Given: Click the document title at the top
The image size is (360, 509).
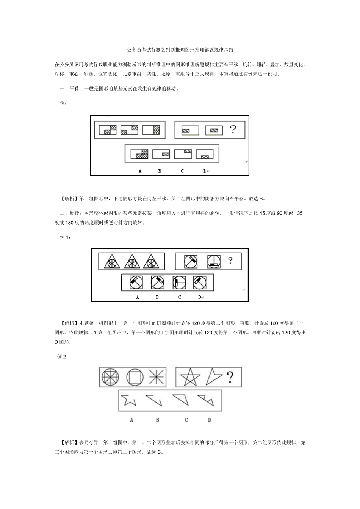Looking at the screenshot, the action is click(180, 50).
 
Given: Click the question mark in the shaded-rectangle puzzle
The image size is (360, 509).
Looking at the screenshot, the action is click(233, 130).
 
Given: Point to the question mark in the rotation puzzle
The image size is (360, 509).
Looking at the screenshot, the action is click(230, 261).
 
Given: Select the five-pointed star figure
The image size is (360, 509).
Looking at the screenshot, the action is click(190, 377).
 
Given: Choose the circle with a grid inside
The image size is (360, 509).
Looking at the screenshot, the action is click(110, 377).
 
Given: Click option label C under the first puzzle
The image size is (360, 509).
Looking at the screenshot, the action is click(182, 171).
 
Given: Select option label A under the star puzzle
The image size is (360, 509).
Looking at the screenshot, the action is click(131, 420).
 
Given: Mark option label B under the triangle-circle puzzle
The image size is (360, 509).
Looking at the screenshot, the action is click(157, 297).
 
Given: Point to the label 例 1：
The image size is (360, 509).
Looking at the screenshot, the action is click(66, 237).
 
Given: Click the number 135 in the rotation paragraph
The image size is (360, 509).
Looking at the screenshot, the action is click(298, 213).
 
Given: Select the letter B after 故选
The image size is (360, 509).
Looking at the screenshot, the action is click(261, 198).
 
